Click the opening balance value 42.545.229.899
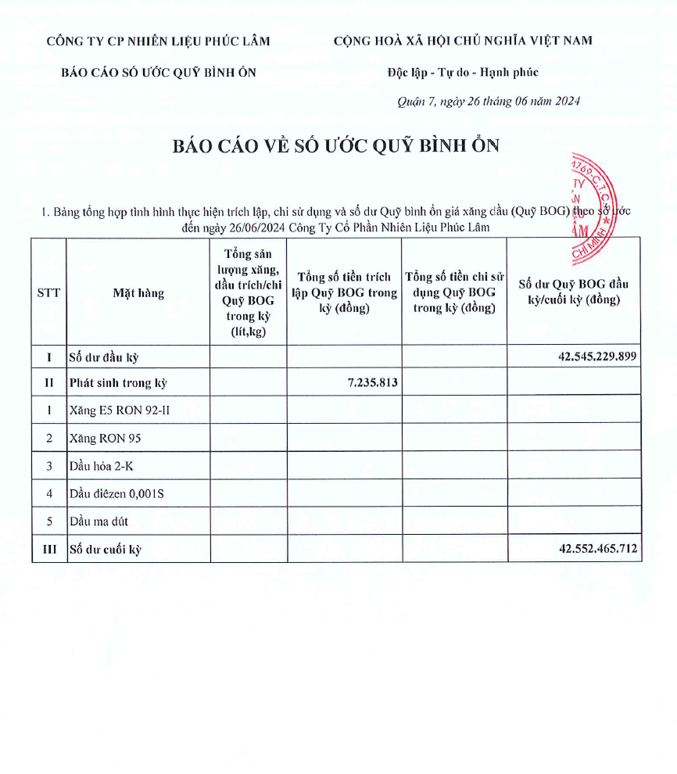[x=597, y=357]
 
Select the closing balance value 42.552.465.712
[x=597, y=550]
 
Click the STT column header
[x=48, y=293]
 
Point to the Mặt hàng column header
[x=138, y=293]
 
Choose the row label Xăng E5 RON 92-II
[x=119, y=410]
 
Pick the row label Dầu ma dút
[x=98, y=521]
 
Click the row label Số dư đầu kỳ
[x=108, y=357]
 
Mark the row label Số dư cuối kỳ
[x=106, y=550]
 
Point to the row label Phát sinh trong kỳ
[x=118, y=383]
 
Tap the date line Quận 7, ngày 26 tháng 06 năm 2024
[x=485, y=101]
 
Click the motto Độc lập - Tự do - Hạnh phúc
[x=463, y=73]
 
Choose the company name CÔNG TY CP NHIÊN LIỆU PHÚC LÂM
[x=159, y=41]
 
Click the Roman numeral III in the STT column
[x=48, y=550]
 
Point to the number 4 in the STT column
[x=48, y=493]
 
